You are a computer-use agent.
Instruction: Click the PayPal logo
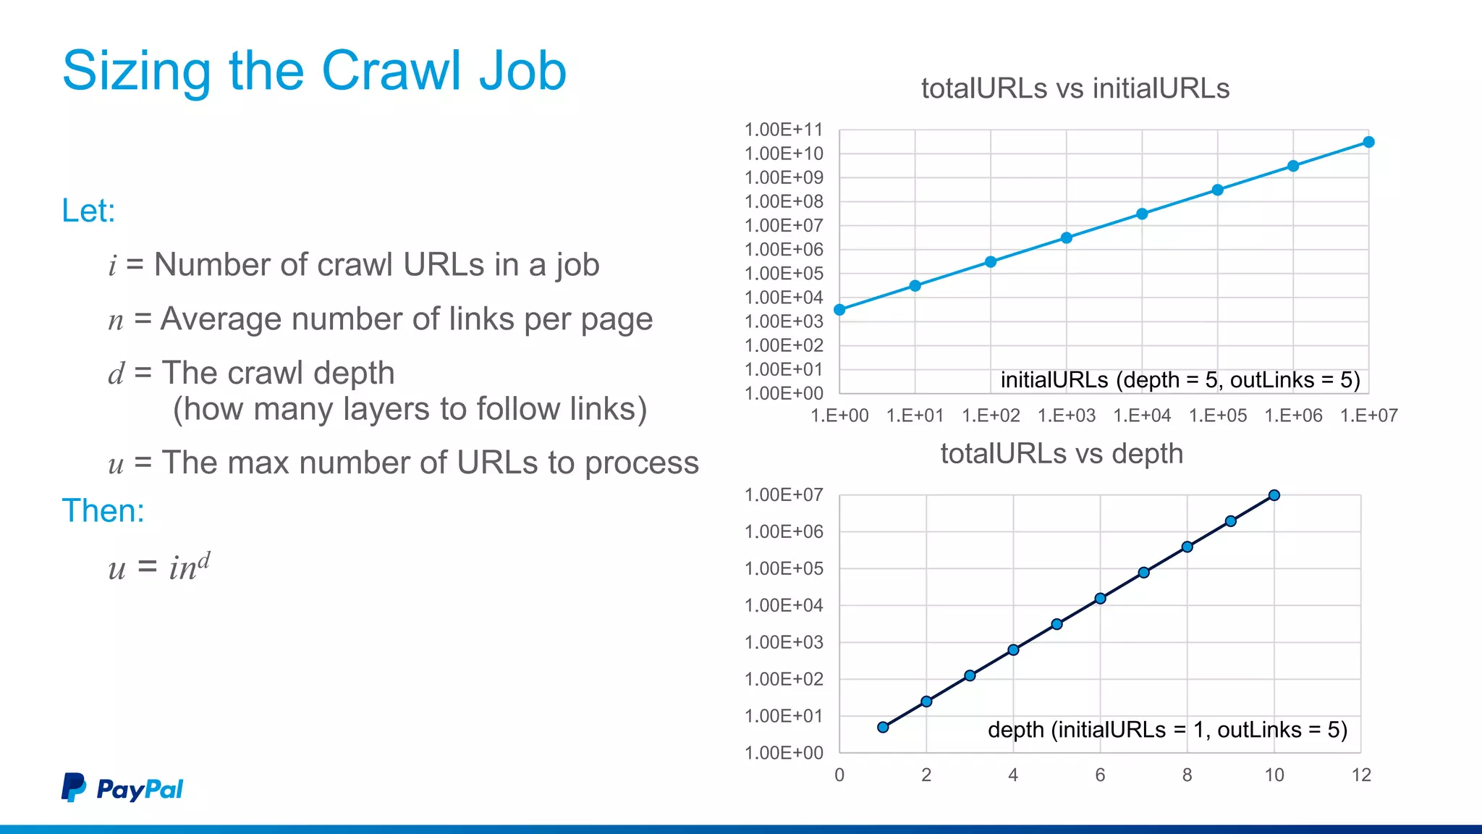(122, 788)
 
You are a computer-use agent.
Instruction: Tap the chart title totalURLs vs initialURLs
(1075, 88)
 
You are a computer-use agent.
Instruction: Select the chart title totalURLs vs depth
(1062, 454)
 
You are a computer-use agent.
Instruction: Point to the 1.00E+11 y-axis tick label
(784, 130)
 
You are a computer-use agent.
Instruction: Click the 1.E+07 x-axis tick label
(1368, 416)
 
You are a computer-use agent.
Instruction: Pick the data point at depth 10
(1274, 495)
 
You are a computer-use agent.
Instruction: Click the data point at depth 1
(883, 727)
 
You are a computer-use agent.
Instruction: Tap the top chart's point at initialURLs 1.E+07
(1368, 142)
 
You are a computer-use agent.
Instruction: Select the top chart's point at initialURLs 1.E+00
(839, 310)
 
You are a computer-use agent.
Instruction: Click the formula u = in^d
(159, 565)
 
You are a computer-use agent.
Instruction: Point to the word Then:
(103, 510)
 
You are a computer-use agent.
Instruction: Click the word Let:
(88, 211)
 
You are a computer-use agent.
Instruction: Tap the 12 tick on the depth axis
(1361, 775)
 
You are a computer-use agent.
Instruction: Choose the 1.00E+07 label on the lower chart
(784, 495)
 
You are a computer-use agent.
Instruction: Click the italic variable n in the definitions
(116, 320)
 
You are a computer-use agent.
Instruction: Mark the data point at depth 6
(1100, 598)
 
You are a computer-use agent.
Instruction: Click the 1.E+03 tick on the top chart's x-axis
(1066, 416)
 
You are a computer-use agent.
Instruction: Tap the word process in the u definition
(642, 463)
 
